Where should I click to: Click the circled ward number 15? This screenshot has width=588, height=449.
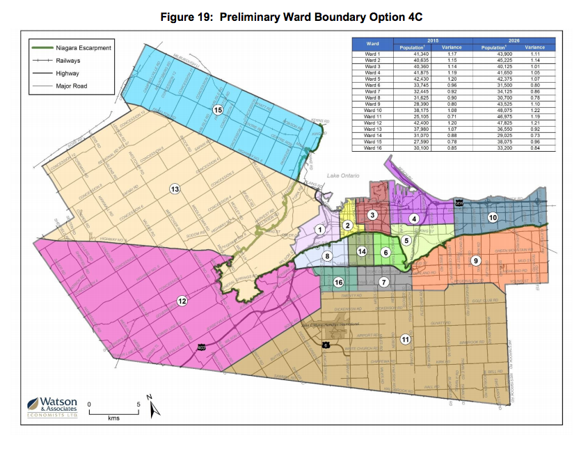218,110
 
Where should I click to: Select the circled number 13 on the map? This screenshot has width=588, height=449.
175,189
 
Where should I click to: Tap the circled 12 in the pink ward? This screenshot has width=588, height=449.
182,301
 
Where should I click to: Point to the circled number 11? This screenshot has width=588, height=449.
405,339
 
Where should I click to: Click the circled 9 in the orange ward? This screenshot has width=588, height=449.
476,260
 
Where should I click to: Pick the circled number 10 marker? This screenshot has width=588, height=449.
493,217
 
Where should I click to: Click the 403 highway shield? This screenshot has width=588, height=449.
201,346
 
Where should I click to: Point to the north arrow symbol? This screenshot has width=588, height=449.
154,407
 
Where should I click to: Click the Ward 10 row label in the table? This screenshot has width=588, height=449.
374,110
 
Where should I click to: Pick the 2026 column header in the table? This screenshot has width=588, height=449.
516,41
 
